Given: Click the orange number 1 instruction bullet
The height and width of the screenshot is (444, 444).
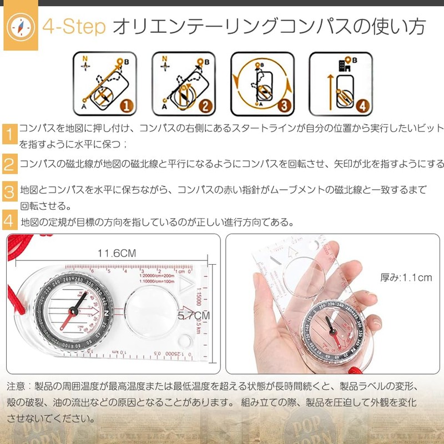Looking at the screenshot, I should (x=9, y=135).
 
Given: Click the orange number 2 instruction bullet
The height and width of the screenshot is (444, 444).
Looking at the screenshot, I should (x=9, y=164).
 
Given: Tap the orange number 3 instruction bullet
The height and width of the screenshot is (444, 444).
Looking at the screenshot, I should (x=9, y=193).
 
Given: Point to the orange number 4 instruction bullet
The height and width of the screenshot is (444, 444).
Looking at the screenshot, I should (x=9, y=221).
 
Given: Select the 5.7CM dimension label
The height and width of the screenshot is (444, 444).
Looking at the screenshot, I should (x=193, y=315).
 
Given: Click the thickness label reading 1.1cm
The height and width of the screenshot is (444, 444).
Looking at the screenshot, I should (x=406, y=277).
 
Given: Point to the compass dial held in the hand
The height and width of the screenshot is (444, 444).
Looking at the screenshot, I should (x=331, y=332).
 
